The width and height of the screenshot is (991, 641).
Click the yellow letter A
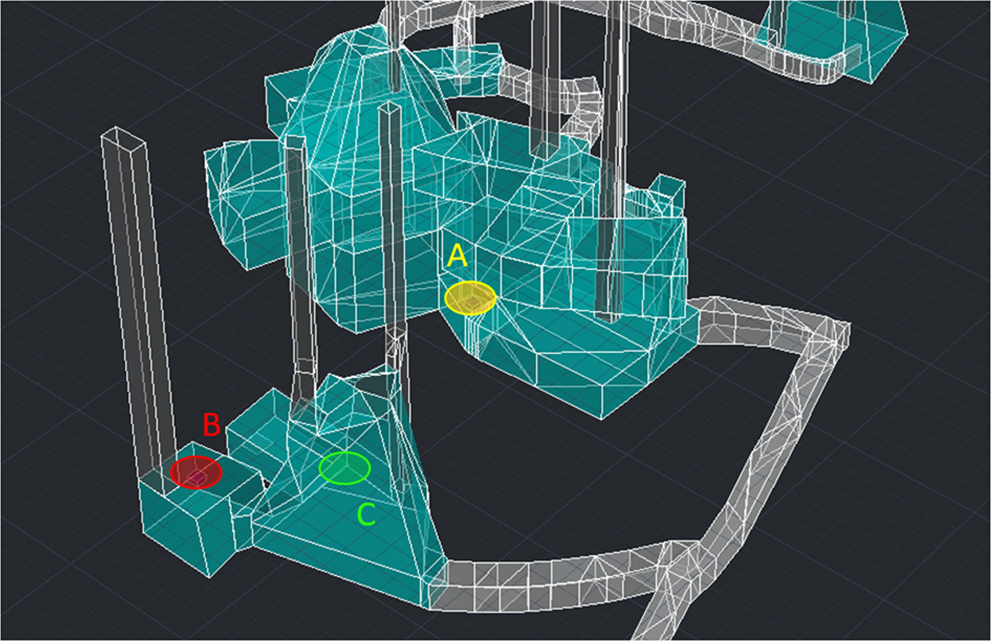click(457, 256)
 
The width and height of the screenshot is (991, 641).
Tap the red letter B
click(212, 425)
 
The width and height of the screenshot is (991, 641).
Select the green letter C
click(367, 514)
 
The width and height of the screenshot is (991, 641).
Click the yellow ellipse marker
click(470, 298)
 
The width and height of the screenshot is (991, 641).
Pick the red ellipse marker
click(196, 472)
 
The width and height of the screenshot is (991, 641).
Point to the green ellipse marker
click(344, 468)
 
